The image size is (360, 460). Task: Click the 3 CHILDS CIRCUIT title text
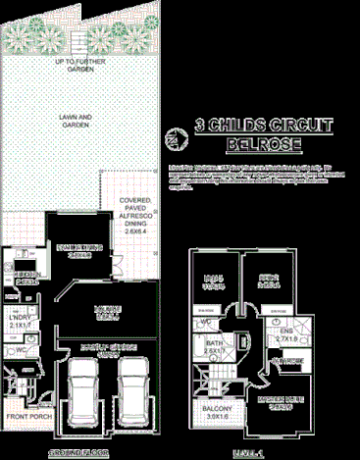(x=263, y=126)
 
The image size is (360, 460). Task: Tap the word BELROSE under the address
(x=262, y=144)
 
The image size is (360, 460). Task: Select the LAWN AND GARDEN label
(x=75, y=120)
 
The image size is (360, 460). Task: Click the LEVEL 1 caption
(x=251, y=452)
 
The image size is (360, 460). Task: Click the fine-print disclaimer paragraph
(x=263, y=174)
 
